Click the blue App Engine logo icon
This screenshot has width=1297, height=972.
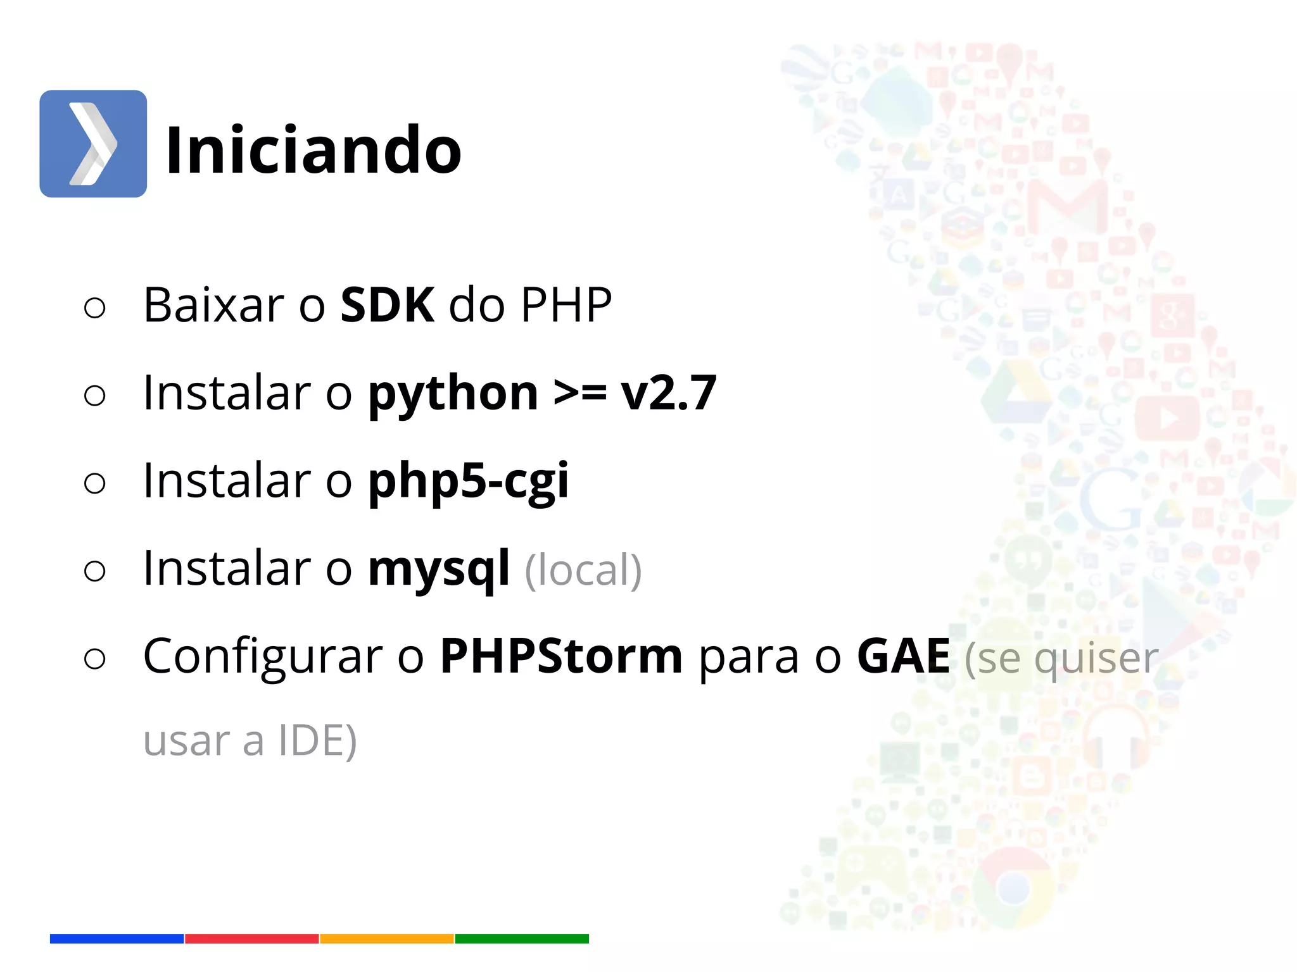pos(93,144)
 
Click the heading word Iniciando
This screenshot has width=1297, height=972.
pos(313,150)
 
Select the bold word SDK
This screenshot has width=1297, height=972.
pos(387,305)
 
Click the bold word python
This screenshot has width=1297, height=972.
pos(453,394)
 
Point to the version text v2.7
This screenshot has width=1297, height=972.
pos(668,394)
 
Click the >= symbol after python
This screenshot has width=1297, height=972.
pos(579,394)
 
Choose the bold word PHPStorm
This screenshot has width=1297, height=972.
pos(561,657)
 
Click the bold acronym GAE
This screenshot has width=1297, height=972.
pos(903,657)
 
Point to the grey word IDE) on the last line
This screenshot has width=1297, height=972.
pos(317,740)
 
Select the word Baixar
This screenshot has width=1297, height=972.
pos(213,305)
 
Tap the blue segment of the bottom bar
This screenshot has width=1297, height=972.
pos(117,938)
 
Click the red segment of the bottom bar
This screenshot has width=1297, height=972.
pos(251,938)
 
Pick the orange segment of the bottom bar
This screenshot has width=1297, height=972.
pos(386,938)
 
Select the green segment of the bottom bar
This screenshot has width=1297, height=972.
pos(522,938)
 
